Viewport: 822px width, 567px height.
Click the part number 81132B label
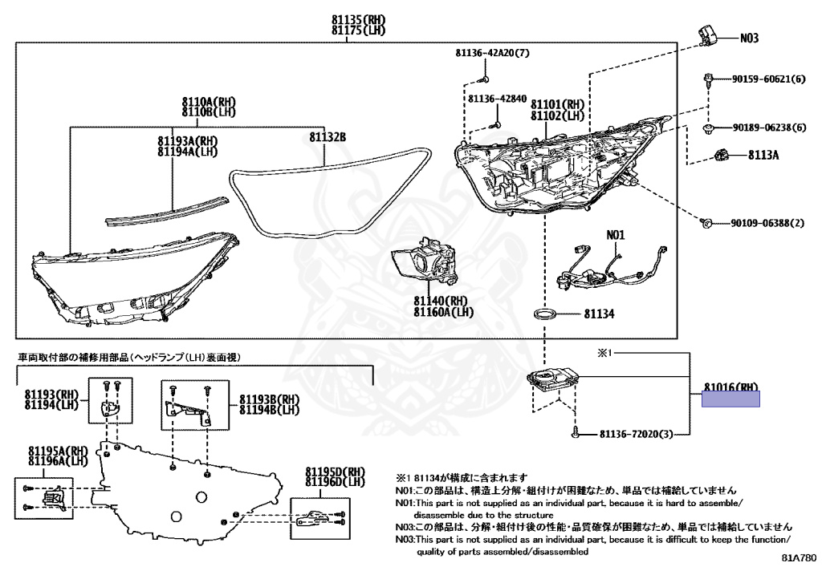[x=328, y=137]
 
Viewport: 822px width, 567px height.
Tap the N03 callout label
[x=749, y=38]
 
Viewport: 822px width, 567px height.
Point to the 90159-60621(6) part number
[x=768, y=79]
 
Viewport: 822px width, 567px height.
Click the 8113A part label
[x=763, y=155]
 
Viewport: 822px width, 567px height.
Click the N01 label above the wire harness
[x=615, y=236]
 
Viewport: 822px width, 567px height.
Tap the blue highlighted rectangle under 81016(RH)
[x=730, y=399]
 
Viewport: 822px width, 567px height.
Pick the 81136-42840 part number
[x=497, y=99]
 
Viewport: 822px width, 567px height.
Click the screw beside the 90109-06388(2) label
[x=704, y=221]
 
